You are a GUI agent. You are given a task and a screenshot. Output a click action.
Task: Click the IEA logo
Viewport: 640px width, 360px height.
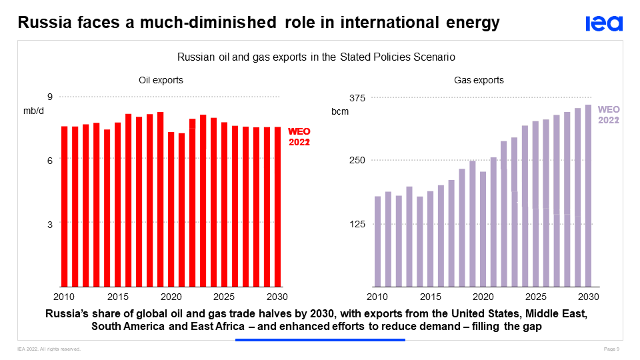(x=604, y=23)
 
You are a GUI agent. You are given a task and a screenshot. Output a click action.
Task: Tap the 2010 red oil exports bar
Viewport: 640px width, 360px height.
(x=65, y=206)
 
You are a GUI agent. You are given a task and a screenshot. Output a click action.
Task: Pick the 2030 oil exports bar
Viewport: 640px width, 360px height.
(x=277, y=207)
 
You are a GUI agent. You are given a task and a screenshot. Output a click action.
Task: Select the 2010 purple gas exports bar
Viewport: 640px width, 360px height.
(x=377, y=241)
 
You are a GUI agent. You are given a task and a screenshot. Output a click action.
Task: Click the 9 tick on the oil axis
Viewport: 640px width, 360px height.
(x=49, y=97)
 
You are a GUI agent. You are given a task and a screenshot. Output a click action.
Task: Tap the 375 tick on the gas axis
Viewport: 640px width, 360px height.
(x=357, y=98)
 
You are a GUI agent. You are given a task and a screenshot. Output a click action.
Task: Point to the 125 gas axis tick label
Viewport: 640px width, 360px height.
(x=357, y=224)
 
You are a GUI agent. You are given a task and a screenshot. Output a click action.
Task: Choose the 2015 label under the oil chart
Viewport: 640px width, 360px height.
(x=117, y=297)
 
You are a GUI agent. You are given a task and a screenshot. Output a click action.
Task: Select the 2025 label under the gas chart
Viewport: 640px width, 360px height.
(x=535, y=297)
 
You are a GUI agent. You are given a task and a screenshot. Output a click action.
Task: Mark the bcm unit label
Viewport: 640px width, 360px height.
(x=341, y=111)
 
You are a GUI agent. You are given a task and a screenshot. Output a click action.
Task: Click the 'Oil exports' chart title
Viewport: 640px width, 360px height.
(x=161, y=80)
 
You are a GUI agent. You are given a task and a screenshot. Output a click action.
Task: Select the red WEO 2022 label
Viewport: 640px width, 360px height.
(x=299, y=137)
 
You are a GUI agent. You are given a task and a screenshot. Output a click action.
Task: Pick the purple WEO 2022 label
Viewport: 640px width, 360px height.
(x=609, y=115)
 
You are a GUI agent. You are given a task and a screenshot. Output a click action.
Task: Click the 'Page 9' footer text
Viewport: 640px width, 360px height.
(x=612, y=349)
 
